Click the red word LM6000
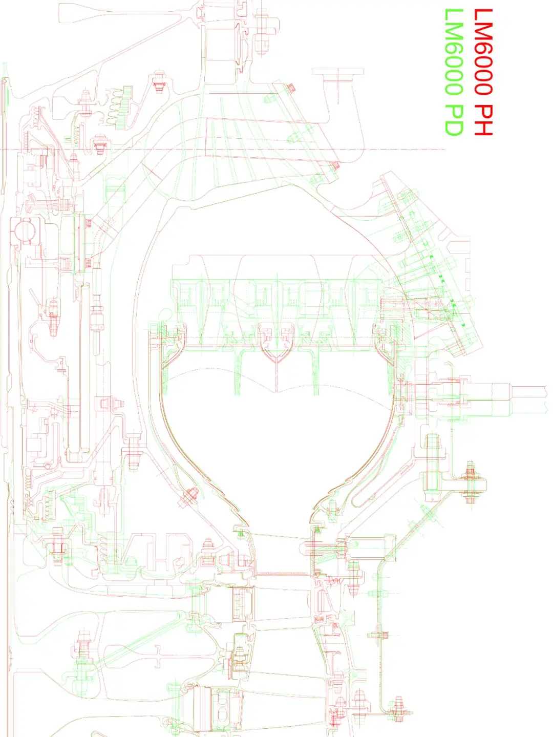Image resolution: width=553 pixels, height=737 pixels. [483, 51]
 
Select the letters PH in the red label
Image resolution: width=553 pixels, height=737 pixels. [483, 119]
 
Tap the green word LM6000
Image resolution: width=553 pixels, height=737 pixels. [454, 51]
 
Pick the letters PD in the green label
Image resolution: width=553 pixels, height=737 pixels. [454, 119]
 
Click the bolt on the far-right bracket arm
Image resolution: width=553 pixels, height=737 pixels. [470, 482]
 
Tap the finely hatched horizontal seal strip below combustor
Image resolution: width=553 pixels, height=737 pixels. [282, 574]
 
